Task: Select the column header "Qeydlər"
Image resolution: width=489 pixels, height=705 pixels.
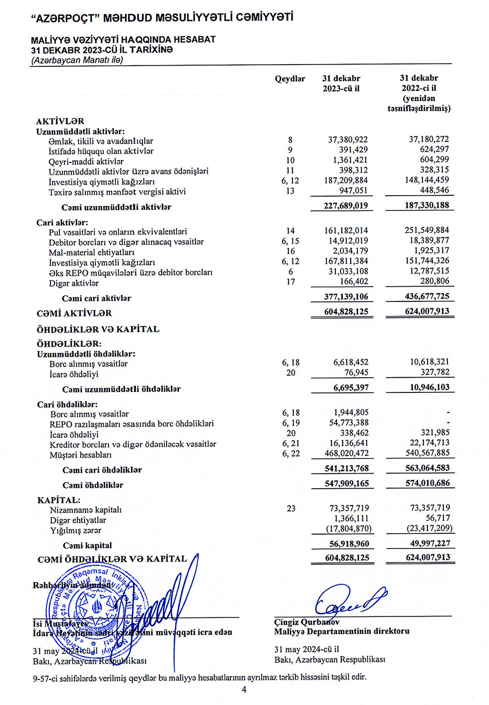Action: tap(289, 79)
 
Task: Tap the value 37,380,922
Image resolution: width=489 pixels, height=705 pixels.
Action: tap(348, 140)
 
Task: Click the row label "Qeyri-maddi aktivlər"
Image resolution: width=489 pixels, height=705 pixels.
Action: tap(86, 161)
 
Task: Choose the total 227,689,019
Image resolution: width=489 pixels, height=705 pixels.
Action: tap(346, 205)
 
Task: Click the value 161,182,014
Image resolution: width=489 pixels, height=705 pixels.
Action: tap(346, 230)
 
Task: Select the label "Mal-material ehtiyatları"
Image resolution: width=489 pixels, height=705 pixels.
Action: tap(91, 252)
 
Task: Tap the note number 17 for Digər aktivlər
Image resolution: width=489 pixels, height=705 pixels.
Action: tap(290, 282)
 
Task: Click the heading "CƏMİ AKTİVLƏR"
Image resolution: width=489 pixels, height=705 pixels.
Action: tap(74, 313)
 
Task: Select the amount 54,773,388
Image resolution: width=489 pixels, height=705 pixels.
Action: tap(349, 423)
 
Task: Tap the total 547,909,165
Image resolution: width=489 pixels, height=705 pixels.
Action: tap(347, 483)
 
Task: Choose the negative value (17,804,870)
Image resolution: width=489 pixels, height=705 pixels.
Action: tap(349, 529)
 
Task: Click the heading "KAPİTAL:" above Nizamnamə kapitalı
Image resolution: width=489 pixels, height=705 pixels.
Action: tap(59, 500)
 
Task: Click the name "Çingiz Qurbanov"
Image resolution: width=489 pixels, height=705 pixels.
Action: tap(307, 622)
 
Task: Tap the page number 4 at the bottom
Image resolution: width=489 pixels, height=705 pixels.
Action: tap(244, 690)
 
